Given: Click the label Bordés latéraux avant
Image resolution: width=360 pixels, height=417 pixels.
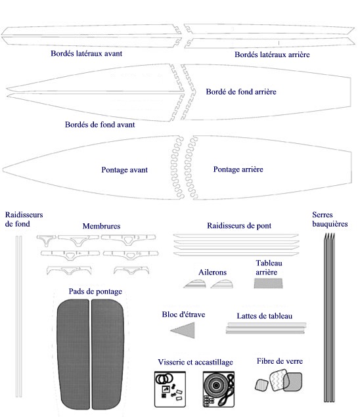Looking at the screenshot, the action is pyautogui.click(x=87, y=53).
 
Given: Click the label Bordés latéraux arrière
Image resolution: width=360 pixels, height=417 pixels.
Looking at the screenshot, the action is pyautogui.click(x=272, y=55).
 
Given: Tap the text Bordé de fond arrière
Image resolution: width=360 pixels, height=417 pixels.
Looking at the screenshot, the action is pyautogui.click(x=241, y=92).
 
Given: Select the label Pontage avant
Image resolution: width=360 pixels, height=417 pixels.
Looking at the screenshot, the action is pyautogui.click(x=125, y=170).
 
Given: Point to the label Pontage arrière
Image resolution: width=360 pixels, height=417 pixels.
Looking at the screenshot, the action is pyautogui.click(x=238, y=169).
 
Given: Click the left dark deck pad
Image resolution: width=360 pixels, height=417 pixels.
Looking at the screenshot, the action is pyautogui.click(x=73, y=354).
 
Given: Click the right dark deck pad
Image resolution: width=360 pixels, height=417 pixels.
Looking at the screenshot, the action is pyautogui.click(x=108, y=354).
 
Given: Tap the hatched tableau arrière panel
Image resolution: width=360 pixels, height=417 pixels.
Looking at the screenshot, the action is pyautogui.click(x=268, y=283).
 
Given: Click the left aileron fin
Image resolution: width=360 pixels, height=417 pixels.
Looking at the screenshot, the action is pyautogui.click(x=196, y=284).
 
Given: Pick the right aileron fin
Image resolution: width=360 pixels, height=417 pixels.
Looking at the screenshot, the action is pyautogui.click(x=223, y=284).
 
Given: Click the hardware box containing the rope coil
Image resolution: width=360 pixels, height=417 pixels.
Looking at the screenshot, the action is pyautogui.click(x=219, y=389).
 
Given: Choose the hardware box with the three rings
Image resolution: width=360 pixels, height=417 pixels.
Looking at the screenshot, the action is pyautogui.click(x=170, y=389).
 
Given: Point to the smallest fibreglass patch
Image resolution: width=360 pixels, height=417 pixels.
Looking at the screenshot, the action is pyautogui.click(x=261, y=385).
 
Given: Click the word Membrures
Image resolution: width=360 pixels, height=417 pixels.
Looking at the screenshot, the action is pyautogui.click(x=101, y=226).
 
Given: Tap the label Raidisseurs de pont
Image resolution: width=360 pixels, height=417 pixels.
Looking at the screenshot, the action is pyautogui.click(x=239, y=226).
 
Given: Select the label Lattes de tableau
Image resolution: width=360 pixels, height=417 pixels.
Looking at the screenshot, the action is pyautogui.click(x=265, y=316).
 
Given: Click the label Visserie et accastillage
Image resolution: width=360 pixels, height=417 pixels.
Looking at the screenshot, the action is pyautogui.click(x=195, y=362).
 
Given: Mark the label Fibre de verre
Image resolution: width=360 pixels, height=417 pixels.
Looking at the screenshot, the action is pyautogui.click(x=280, y=361).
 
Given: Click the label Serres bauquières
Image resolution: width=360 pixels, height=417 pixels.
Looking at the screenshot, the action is pyautogui.click(x=330, y=219).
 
